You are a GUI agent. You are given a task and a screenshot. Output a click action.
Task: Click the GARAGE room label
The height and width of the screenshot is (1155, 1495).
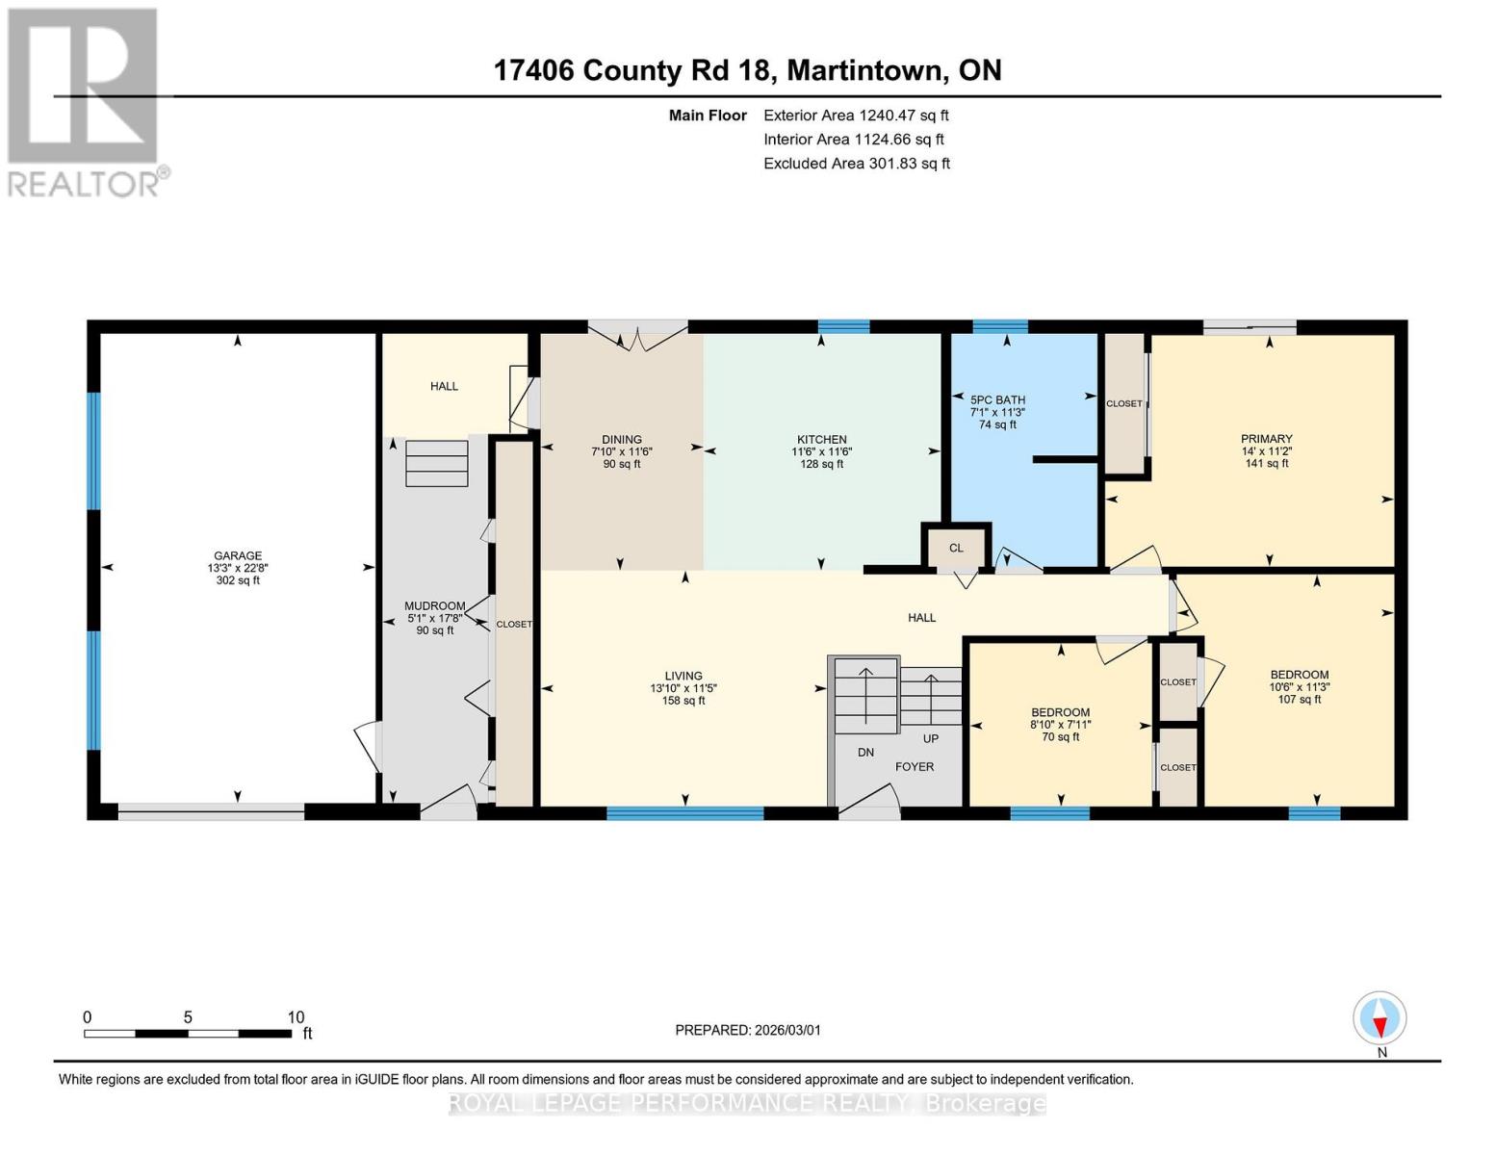(238, 555)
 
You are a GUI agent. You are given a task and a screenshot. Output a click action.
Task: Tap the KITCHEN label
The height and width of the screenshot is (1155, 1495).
(821, 439)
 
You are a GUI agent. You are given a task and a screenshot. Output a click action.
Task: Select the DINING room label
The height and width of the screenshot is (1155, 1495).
(622, 439)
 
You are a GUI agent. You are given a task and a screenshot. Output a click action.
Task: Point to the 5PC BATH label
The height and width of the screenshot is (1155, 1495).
(997, 399)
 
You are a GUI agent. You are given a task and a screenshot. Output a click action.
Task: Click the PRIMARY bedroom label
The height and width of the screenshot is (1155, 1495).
(1266, 439)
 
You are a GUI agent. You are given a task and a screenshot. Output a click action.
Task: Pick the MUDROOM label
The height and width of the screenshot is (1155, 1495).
(434, 606)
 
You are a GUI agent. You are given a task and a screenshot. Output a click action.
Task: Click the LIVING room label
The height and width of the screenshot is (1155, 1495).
(683, 676)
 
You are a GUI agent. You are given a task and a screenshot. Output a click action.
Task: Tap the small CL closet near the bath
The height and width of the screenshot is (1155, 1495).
(956, 548)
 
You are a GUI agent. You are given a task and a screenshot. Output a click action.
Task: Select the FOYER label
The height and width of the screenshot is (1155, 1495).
(915, 767)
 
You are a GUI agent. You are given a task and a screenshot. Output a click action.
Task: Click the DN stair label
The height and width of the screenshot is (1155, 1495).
(865, 752)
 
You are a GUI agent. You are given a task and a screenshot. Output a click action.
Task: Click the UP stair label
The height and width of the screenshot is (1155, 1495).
(931, 738)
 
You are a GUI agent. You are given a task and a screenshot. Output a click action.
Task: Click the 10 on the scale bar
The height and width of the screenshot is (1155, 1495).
(296, 1017)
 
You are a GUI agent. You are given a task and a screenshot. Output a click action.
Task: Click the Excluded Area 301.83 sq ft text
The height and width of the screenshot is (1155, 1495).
(856, 164)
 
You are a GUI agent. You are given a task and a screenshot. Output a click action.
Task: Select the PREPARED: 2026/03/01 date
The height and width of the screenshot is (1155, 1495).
(748, 1030)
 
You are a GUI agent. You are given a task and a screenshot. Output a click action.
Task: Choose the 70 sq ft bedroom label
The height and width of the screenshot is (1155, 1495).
(1060, 737)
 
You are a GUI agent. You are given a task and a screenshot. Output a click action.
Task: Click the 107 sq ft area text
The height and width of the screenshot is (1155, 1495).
(1299, 700)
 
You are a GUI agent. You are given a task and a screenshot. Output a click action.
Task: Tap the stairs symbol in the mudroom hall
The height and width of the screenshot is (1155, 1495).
(437, 463)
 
